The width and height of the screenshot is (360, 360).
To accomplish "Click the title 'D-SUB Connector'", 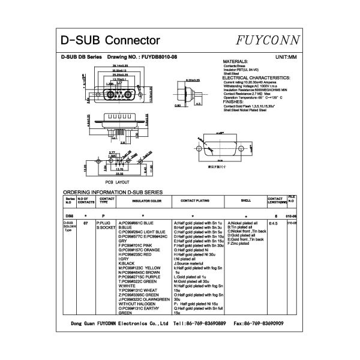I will coord(111,41).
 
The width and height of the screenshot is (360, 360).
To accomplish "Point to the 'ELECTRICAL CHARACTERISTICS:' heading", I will coord(256,78).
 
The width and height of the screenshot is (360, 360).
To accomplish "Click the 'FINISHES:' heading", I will coord(235,102).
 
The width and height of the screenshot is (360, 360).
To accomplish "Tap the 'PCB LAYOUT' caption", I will coord(117,181).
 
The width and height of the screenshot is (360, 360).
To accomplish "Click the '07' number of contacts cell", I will coord(86,223).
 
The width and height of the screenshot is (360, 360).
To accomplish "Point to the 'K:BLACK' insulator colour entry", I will coord(127,263).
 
